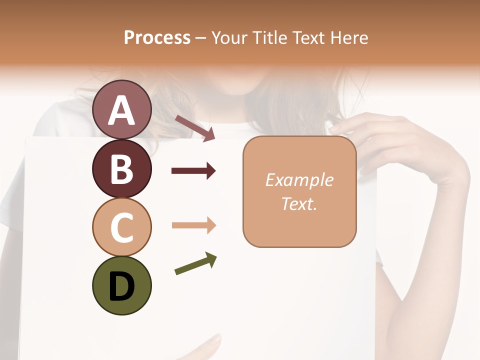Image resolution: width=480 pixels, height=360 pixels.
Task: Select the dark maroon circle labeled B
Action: tap(121, 168)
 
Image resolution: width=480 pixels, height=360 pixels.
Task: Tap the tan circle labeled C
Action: tap(121, 227)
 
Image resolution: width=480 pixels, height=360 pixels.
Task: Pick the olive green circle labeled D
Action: tap(121, 286)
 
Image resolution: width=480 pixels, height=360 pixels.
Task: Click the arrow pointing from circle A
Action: tap(195, 127)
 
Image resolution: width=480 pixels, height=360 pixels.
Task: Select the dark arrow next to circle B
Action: tap(193, 171)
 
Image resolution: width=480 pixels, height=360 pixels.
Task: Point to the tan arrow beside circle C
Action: tap(193, 225)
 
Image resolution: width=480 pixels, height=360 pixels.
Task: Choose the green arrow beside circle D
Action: tap(195, 263)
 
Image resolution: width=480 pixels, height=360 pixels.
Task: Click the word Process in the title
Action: tap(157, 38)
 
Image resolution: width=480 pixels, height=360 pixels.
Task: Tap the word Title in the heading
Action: tap(270, 38)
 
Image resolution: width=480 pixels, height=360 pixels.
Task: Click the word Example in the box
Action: tap(299, 180)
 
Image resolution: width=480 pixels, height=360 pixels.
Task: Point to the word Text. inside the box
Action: tap(299, 203)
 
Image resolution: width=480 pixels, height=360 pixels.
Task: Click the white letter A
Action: tap(121, 110)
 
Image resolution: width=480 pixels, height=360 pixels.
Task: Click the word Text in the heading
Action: tap(308, 38)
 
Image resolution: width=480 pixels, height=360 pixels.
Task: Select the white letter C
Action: tap(121, 228)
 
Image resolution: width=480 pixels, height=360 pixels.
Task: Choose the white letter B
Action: tap(121, 169)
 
